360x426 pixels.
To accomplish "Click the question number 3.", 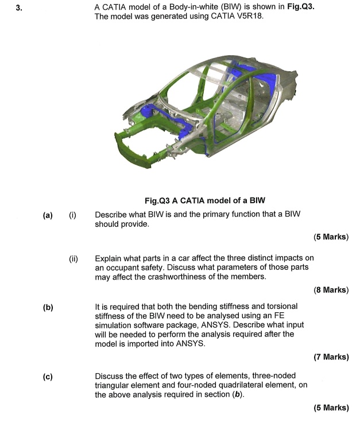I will coord(19,7).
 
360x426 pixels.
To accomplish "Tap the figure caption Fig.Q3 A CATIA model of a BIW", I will coord(204,200).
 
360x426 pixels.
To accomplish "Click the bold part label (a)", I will coord(48,215).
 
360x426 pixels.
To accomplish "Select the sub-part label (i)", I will coord(72,215).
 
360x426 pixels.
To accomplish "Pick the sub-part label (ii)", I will coord(73,258).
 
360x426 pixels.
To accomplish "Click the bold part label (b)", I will coord(48,308).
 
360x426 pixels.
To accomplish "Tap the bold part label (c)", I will coord(48,377).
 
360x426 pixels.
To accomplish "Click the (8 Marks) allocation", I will coord(331,290).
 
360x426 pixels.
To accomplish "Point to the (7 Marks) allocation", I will coord(331,357).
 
